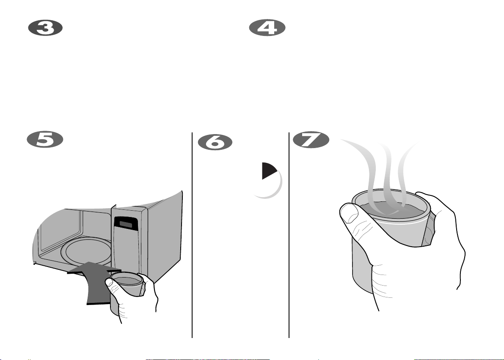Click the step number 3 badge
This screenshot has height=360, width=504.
coord(45,27)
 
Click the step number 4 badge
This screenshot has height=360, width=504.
coord(267,27)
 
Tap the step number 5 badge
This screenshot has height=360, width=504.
coord(45,140)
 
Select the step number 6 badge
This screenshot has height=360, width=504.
coord(215,142)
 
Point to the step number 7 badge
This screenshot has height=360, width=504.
coord(311,140)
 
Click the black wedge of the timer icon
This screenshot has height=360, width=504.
coord(268,170)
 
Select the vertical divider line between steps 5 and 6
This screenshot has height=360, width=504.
coord(192,235)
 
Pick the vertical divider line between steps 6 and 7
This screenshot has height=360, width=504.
coord(289,235)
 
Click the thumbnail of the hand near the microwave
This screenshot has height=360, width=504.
coord(109,283)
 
